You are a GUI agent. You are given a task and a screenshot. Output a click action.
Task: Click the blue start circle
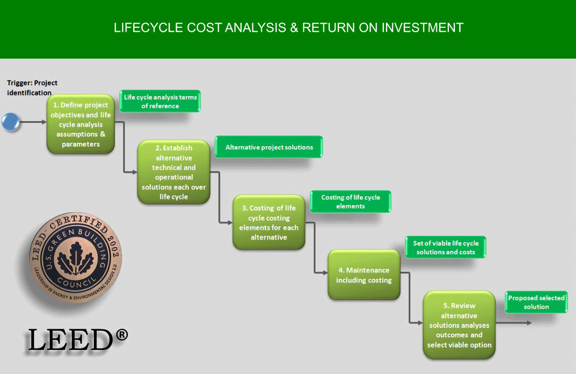(11, 122)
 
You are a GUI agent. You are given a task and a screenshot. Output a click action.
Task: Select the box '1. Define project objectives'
(81, 124)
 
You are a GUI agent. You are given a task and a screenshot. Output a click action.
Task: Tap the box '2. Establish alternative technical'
(174, 172)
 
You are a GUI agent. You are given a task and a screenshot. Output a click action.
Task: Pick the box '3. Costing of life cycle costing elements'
(269, 222)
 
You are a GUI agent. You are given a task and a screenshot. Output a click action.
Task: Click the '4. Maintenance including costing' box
(364, 275)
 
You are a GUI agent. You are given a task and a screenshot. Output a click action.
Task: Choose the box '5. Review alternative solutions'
(459, 325)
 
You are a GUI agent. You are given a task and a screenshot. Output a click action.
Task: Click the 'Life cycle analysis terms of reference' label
(160, 101)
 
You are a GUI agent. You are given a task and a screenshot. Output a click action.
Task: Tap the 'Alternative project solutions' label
(269, 147)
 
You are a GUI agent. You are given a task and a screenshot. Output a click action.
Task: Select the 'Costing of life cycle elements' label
(350, 202)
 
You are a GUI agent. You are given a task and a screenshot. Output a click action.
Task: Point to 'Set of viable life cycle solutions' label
(446, 247)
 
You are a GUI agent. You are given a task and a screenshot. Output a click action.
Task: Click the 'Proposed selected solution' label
(536, 302)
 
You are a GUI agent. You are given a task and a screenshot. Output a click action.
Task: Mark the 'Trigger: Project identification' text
(32, 88)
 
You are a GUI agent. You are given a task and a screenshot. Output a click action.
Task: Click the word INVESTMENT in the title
(422, 27)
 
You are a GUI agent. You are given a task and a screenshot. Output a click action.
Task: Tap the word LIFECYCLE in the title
(148, 27)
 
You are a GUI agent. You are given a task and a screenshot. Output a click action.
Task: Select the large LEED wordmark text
(70, 340)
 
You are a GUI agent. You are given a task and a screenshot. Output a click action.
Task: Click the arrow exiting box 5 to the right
(513, 323)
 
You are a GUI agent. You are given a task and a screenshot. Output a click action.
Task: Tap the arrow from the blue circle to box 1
(33, 122)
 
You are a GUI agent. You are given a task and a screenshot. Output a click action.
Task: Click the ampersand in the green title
(294, 27)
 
